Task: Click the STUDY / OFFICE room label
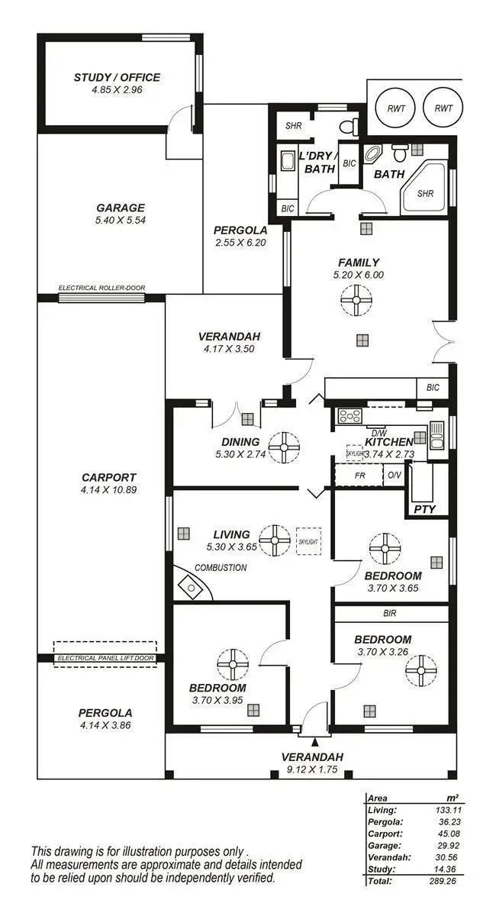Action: click(117, 77)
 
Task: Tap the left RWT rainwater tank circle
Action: click(396, 108)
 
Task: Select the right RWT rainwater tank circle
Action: click(443, 108)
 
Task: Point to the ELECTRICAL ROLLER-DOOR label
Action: click(101, 288)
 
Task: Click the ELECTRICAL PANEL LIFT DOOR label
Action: click(105, 658)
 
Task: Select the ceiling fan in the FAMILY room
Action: click(356, 299)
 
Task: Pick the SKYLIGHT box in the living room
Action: click(309, 541)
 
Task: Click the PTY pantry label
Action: click(424, 509)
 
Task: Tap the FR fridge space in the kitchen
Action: click(359, 475)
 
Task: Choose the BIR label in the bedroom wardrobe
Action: click(390, 612)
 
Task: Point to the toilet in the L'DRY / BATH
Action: click(349, 126)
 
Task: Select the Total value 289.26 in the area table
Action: click(446, 880)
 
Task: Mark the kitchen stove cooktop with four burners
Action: click(349, 416)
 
